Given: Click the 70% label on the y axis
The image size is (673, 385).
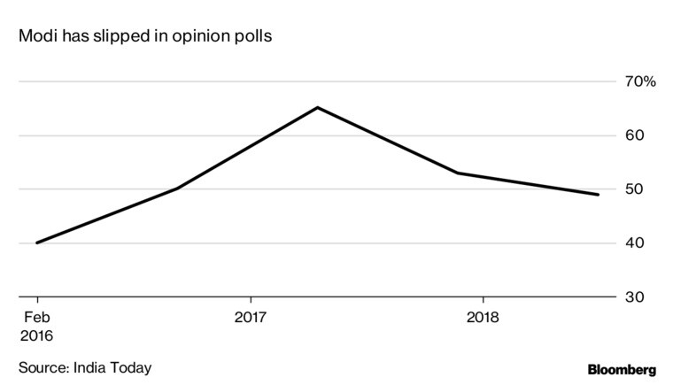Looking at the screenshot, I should tap(638, 82).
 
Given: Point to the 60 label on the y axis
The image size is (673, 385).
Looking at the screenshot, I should tap(633, 135).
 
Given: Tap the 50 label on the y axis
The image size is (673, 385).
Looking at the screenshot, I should tap(633, 189).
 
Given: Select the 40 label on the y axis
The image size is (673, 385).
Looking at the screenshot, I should tap(633, 243).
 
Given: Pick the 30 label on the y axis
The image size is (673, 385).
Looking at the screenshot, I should tap(633, 296).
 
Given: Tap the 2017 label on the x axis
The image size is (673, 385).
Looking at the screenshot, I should tap(251, 317).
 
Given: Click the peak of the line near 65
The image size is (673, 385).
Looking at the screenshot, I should tap(317, 108).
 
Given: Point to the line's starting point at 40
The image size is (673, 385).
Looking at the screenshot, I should tap(36, 243).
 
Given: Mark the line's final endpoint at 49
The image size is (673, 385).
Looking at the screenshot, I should tap(599, 195).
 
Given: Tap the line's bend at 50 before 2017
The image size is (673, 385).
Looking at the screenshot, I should tap(177, 189).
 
